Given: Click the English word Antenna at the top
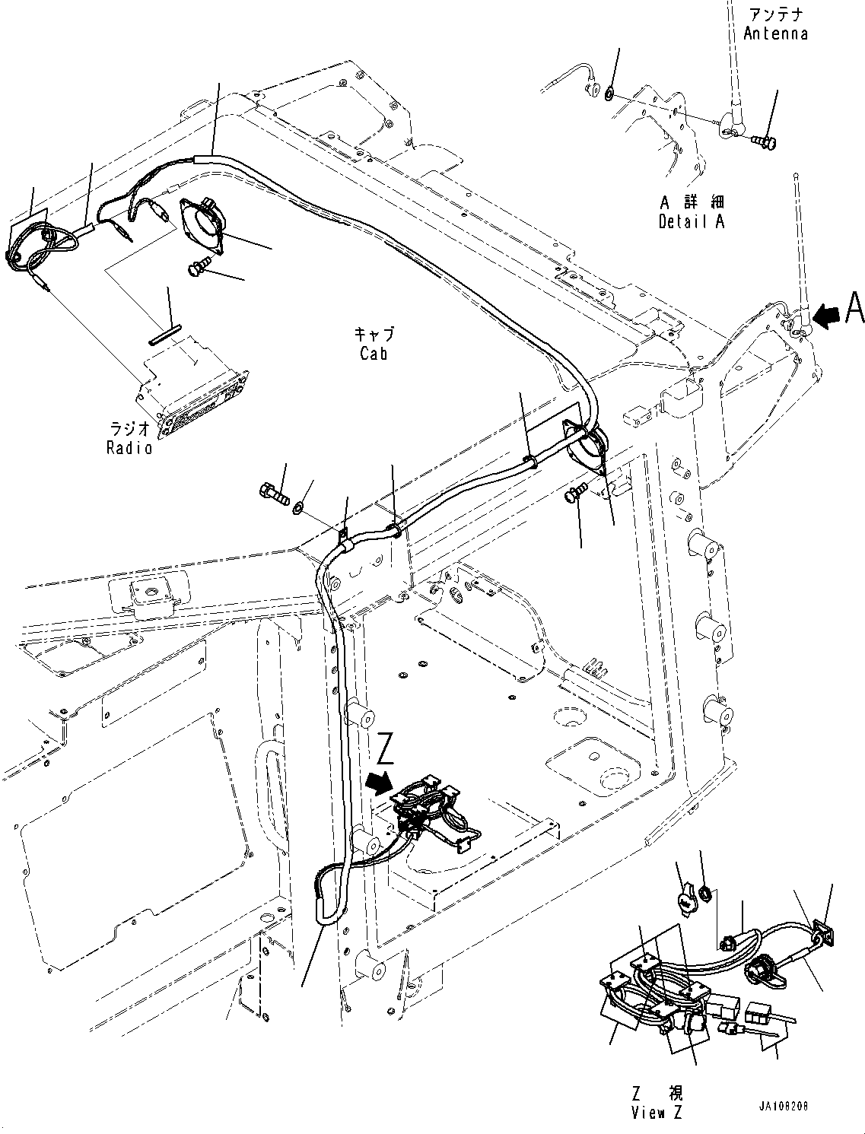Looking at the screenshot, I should tap(775, 33).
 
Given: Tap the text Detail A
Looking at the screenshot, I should tap(692, 221).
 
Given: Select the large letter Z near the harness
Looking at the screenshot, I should tap(386, 751).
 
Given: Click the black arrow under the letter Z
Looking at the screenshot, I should tap(378, 783).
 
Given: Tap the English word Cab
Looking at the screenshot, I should tap(374, 353).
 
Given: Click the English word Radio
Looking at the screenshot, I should tap(129, 447).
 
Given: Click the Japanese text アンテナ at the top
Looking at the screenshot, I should tap(775, 15).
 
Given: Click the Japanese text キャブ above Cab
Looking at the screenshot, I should tap(374, 335).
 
